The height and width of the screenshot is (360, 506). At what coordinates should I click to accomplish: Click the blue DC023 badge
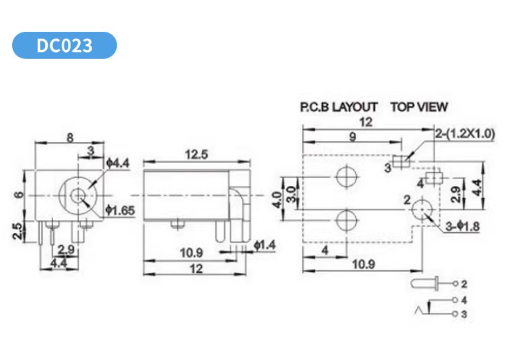pos(64,46)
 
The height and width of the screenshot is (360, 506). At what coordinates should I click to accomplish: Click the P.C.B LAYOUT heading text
pos(338,107)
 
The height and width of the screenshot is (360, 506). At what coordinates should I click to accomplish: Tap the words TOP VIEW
pos(419,107)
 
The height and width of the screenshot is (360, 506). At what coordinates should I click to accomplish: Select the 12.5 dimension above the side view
pos(196,155)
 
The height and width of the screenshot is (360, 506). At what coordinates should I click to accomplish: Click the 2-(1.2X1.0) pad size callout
pos(464,134)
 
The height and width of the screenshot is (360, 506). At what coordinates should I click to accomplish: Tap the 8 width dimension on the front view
pos(69,138)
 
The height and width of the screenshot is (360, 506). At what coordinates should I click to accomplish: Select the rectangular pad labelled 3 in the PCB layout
pos(401,161)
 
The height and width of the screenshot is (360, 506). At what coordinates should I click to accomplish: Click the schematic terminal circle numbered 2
pos(456,284)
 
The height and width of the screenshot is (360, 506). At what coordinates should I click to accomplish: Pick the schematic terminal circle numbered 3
pos(456,314)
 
